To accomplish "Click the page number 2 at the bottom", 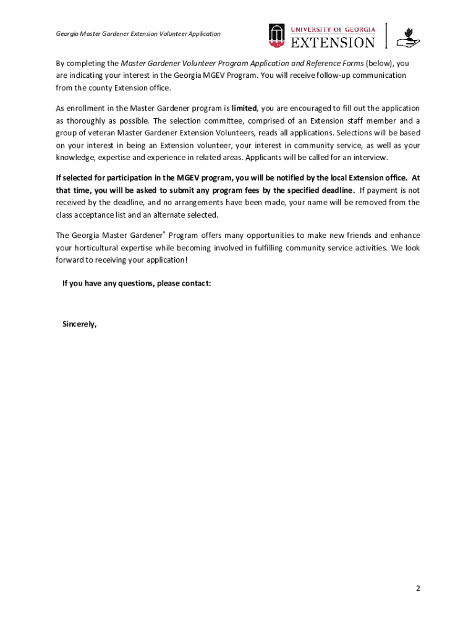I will click(418, 588).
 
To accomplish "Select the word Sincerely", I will click(80, 324).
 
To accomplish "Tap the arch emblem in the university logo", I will click(276, 36).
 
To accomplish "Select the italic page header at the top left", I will click(138, 34).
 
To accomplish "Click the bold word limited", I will click(244, 108).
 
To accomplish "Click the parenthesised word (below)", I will click(380, 63).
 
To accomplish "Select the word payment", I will click(385, 190).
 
